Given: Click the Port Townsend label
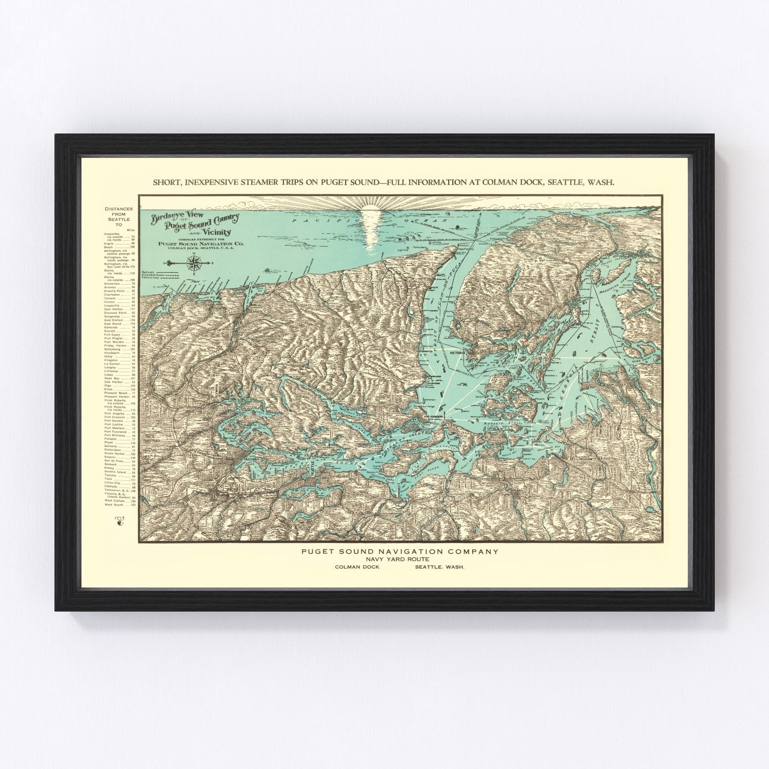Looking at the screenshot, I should point(433,417).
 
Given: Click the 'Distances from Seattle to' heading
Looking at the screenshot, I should point(118,217).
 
